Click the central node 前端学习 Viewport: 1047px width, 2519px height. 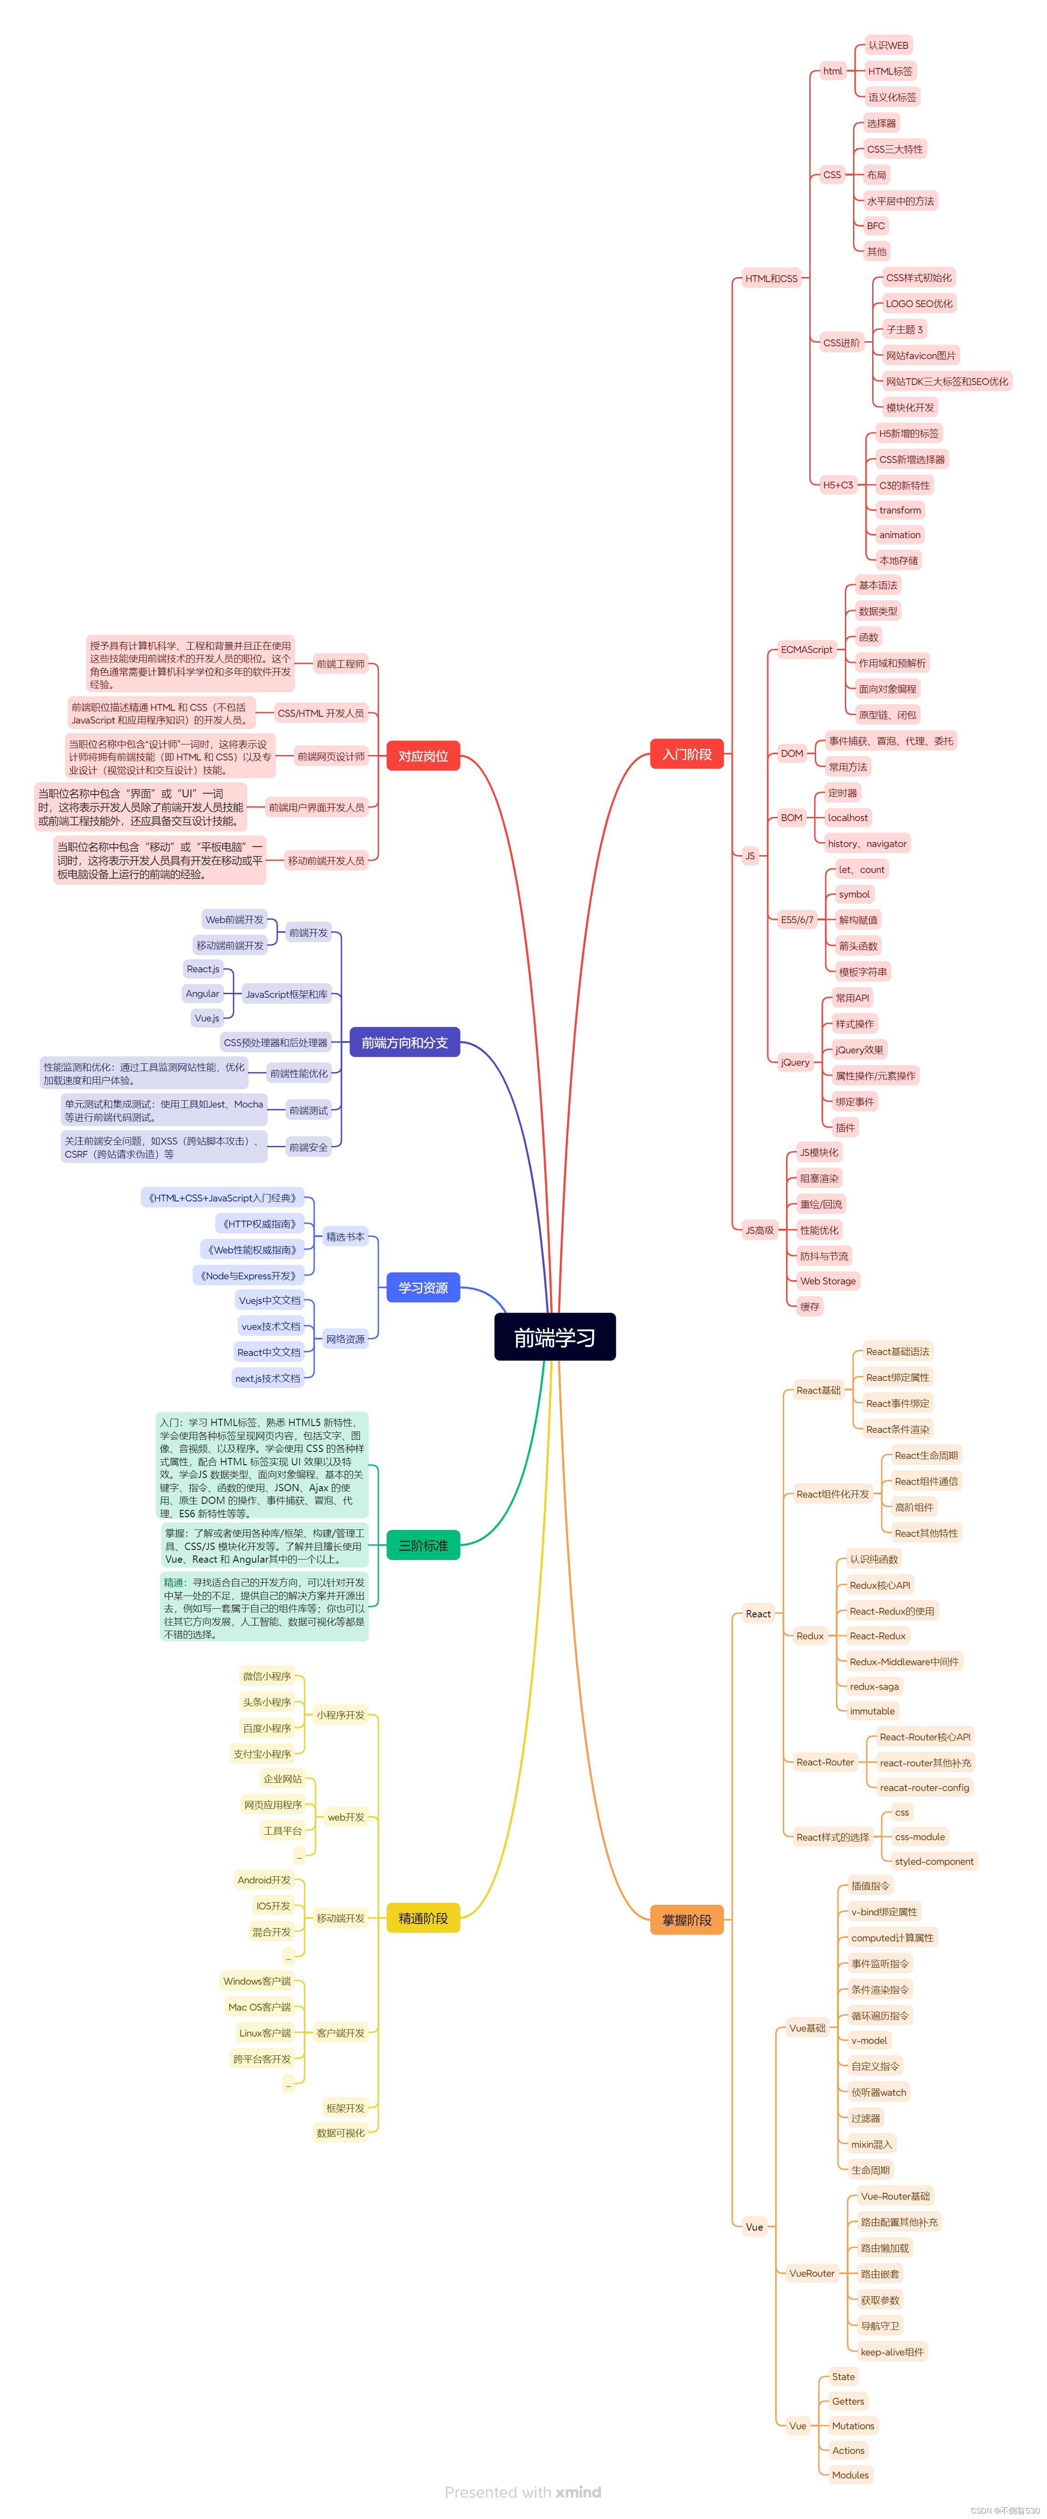(x=554, y=1337)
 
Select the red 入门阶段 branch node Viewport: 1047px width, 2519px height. (x=686, y=754)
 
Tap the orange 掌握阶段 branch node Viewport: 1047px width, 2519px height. (x=686, y=1919)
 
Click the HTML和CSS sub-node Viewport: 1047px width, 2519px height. (x=771, y=279)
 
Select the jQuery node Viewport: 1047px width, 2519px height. (x=795, y=1062)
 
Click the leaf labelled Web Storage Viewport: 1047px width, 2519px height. (x=827, y=1281)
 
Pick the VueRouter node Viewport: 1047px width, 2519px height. (x=812, y=2273)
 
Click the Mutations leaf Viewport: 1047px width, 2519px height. (x=853, y=2426)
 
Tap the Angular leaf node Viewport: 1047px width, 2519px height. (x=202, y=994)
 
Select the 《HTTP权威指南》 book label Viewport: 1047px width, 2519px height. (x=259, y=1223)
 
